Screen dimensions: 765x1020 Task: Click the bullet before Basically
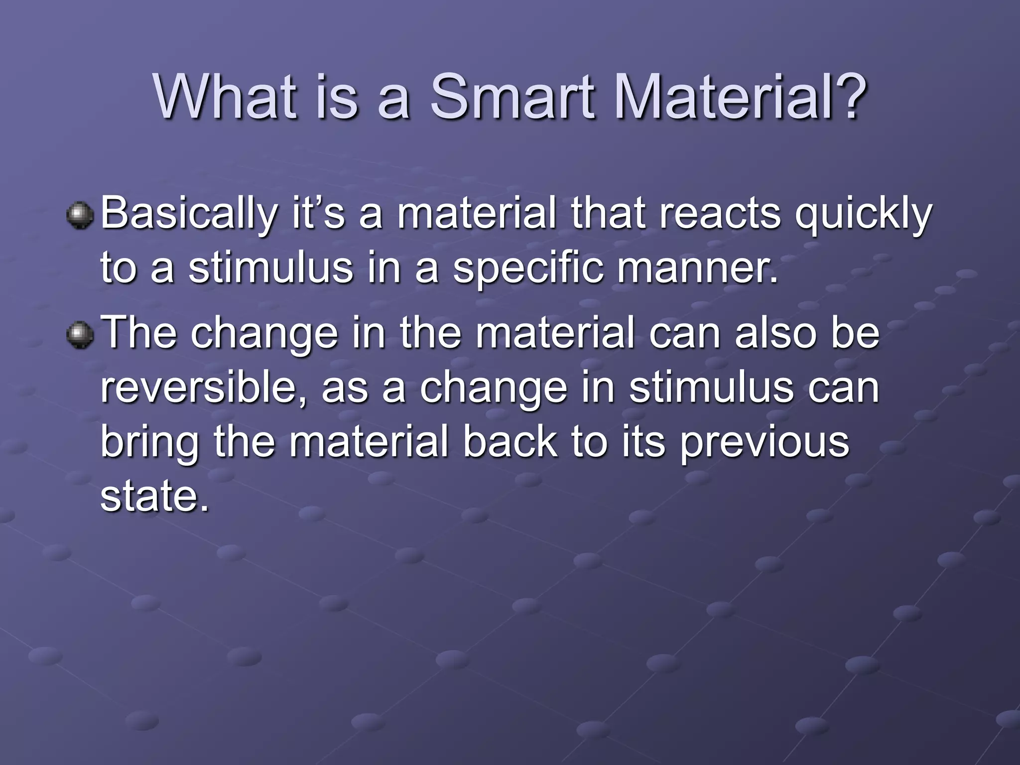point(80,215)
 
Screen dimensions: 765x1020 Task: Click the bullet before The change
point(80,334)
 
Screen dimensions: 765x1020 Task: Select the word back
point(510,442)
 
